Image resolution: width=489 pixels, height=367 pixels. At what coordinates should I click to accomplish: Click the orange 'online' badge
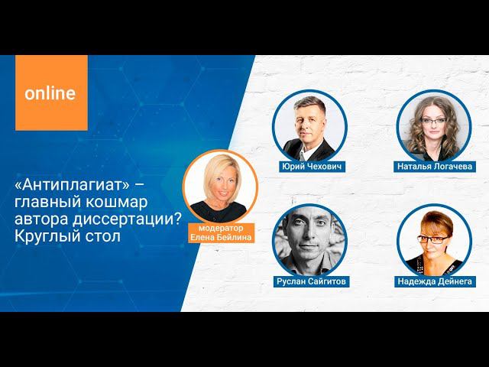pos(50,93)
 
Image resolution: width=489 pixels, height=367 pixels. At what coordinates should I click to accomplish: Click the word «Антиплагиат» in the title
pos(66,187)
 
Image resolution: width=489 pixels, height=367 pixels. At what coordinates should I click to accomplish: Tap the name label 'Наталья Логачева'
pos(435,166)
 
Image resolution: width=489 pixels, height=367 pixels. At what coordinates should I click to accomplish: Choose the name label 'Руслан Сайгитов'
pos(310,281)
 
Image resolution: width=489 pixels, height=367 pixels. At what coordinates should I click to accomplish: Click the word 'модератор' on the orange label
pos(219,228)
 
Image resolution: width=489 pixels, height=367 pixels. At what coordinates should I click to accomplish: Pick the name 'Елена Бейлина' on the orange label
pos(219,237)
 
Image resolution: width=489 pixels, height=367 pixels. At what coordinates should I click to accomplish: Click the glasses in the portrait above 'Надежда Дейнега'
pos(432,239)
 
